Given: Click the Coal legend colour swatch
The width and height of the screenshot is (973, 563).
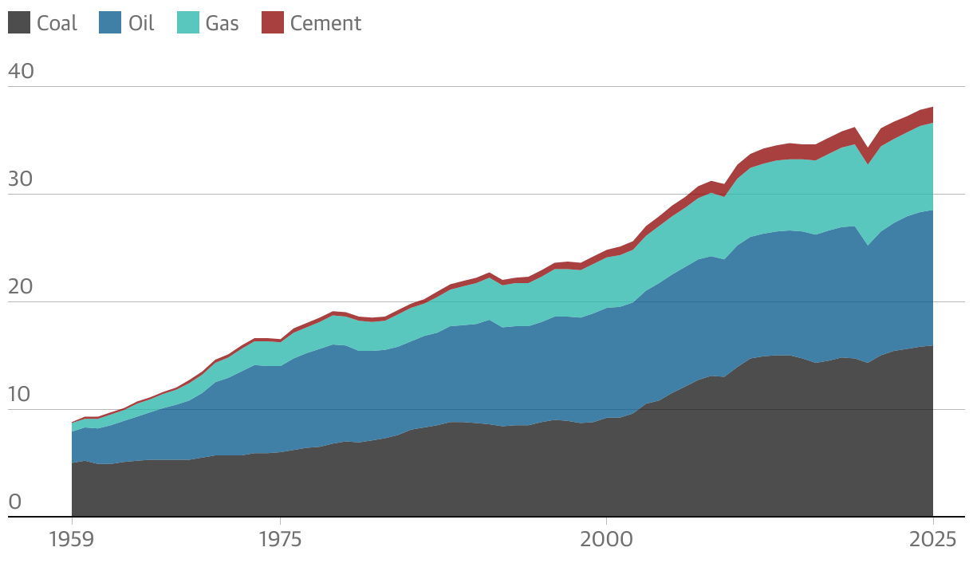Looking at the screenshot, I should (x=19, y=22).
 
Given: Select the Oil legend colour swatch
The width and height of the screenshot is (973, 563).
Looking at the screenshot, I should (x=110, y=22).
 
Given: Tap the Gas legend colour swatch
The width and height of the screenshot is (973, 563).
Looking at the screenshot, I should (x=188, y=22).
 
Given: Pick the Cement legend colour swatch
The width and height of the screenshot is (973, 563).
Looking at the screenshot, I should (x=273, y=22).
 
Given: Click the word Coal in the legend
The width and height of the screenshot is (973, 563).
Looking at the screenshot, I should (x=57, y=23).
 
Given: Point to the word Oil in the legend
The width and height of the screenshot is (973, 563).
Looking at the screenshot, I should (x=141, y=23).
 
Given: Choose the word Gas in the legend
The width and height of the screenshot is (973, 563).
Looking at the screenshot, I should (x=222, y=23).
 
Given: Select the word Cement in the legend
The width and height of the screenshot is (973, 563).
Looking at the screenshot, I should (x=325, y=23).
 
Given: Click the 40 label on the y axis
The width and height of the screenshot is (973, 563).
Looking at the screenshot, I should (x=22, y=71).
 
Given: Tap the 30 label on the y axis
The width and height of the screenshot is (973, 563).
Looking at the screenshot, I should (x=22, y=179).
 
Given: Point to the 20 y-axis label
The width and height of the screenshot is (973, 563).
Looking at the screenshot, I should (x=22, y=287).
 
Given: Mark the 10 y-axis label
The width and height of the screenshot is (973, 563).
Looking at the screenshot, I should (x=22, y=395).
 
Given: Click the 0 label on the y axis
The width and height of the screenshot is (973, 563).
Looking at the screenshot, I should (x=14, y=502).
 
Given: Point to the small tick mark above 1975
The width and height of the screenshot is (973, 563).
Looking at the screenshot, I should (x=280, y=522).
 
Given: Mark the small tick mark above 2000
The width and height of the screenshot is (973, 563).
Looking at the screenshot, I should (x=607, y=522).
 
